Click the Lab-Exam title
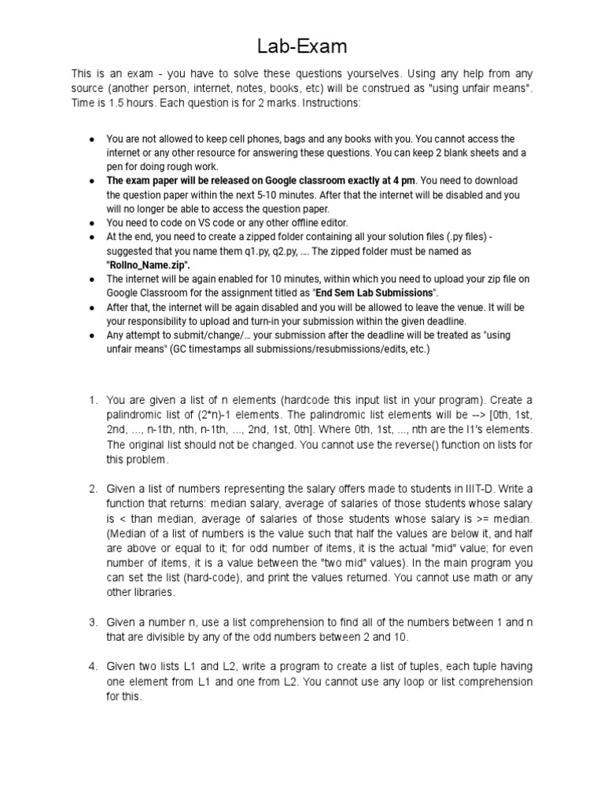[302, 47]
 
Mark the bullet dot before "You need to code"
[92, 223]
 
